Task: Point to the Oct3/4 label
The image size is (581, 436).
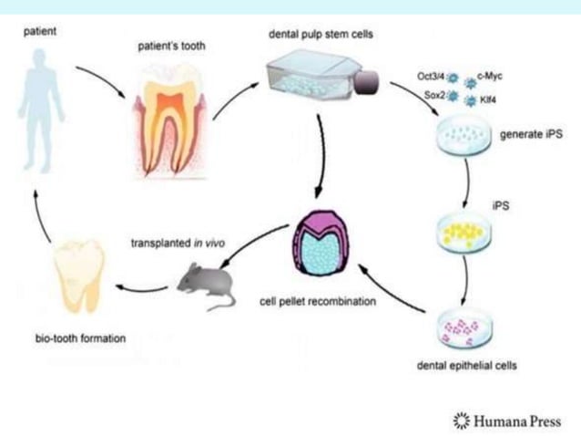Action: click(430, 77)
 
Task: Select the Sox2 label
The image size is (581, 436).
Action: click(432, 95)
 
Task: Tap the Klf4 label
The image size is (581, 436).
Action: click(489, 96)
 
